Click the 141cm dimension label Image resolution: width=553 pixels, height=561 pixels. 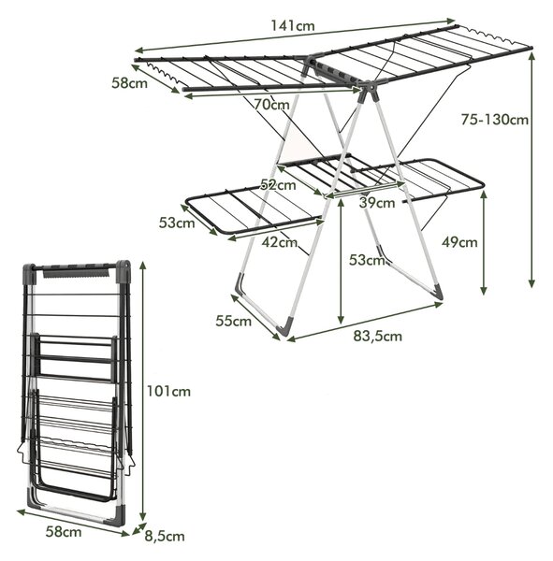(x=293, y=26)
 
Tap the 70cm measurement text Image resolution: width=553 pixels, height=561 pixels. (x=272, y=105)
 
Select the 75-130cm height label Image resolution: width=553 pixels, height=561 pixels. (x=495, y=120)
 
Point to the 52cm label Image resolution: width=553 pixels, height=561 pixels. (x=278, y=184)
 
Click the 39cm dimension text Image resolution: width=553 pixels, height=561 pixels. (x=377, y=203)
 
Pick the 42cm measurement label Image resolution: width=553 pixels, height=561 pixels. (x=280, y=242)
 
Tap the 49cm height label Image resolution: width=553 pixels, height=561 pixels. (x=459, y=242)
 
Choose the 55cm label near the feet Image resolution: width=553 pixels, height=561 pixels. (x=234, y=321)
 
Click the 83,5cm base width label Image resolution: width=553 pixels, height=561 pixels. (x=378, y=337)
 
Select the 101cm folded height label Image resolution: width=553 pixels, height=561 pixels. (x=168, y=392)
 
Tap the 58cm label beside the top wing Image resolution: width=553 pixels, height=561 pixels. (x=130, y=83)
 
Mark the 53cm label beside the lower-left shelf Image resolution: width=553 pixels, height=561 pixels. (x=177, y=223)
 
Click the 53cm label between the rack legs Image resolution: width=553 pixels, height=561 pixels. (x=367, y=260)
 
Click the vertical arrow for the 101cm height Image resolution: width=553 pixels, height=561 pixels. (x=143, y=391)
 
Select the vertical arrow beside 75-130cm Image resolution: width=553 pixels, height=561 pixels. (x=531, y=170)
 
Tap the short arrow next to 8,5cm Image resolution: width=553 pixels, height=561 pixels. (x=139, y=528)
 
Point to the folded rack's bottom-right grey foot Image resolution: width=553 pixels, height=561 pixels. (x=118, y=514)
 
